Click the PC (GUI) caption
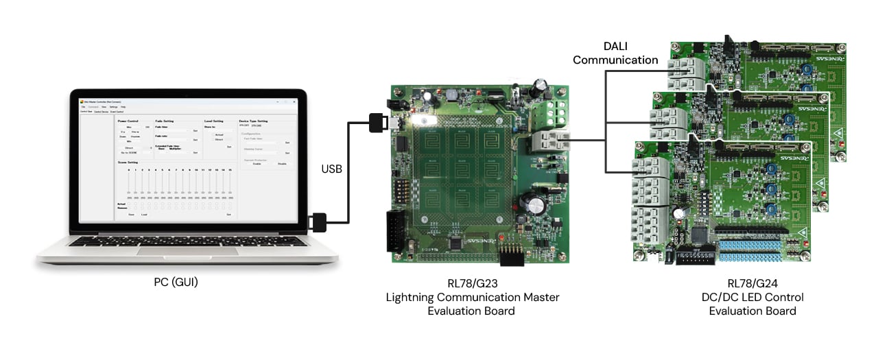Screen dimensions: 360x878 [176, 282]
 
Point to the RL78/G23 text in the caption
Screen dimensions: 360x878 [472, 283]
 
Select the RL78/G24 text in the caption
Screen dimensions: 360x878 [752, 283]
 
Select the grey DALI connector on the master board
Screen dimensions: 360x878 [550, 141]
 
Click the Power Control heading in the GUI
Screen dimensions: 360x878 [128, 121]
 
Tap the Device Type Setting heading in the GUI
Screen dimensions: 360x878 [253, 121]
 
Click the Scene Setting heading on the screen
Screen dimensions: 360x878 [128, 163]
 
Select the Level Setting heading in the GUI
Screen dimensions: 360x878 [213, 121]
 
